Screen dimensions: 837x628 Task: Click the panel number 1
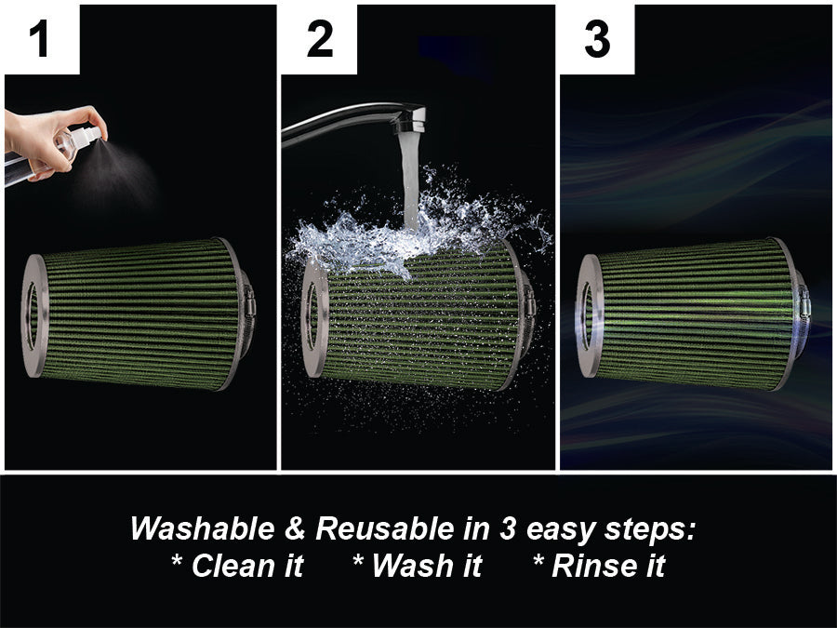coord(39,38)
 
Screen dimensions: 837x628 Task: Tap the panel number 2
coord(320,38)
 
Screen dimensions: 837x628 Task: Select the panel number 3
coord(597,38)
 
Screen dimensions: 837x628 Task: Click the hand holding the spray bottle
coord(52,140)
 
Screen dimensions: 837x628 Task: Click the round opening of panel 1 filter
coord(33,316)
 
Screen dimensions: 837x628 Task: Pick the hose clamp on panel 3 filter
coord(804,306)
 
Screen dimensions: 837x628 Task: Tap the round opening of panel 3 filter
coord(587,316)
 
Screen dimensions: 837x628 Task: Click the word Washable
coord(203,528)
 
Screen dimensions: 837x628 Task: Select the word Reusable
coord(385,528)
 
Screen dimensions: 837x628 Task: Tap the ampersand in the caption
coord(295,528)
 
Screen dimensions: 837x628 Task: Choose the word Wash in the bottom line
coord(412,566)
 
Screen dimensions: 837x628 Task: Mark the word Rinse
coord(593,566)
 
